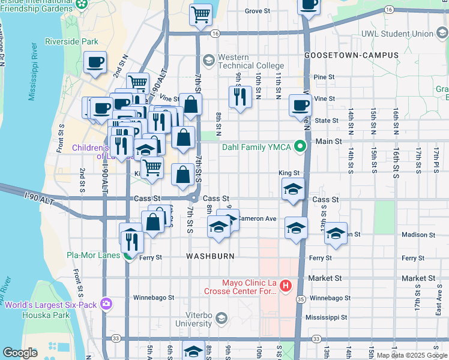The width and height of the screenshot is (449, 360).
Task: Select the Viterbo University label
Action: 197,319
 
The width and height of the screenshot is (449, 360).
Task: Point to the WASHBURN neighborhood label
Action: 209,256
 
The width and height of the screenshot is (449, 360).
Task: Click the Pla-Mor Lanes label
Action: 94,256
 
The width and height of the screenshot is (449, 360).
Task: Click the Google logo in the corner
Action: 20,353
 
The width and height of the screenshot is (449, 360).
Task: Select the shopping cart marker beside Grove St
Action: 200,14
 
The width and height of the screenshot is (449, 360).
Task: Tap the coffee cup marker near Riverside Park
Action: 95,62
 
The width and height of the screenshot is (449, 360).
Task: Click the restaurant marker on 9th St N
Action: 240,97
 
